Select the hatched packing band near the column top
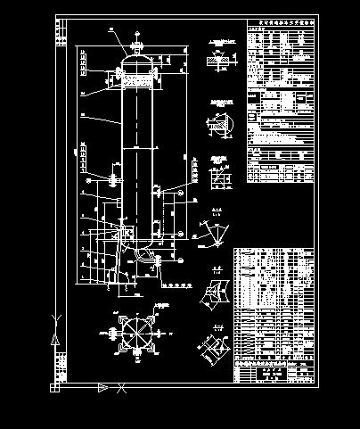click(137, 79)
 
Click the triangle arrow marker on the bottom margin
click(103, 387)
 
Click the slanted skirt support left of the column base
click(110, 265)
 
